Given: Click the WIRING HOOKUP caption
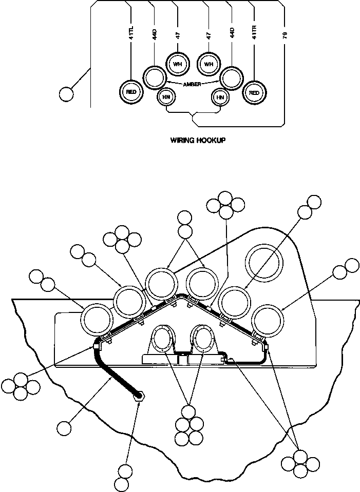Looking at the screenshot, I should [x=198, y=140].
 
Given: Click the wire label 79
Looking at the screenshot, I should [x=285, y=35].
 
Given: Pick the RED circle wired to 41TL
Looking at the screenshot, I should [x=130, y=92].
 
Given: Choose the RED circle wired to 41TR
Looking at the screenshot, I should [x=253, y=92].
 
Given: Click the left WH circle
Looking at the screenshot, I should [x=178, y=64].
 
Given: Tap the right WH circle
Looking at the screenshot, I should [x=208, y=64].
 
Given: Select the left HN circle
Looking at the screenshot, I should [x=166, y=97].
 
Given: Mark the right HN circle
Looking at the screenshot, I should [x=220, y=97].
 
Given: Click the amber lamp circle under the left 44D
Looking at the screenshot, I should [x=153, y=77].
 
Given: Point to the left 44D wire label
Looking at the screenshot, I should [x=154, y=35].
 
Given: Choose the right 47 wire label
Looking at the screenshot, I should [x=209, y=35].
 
